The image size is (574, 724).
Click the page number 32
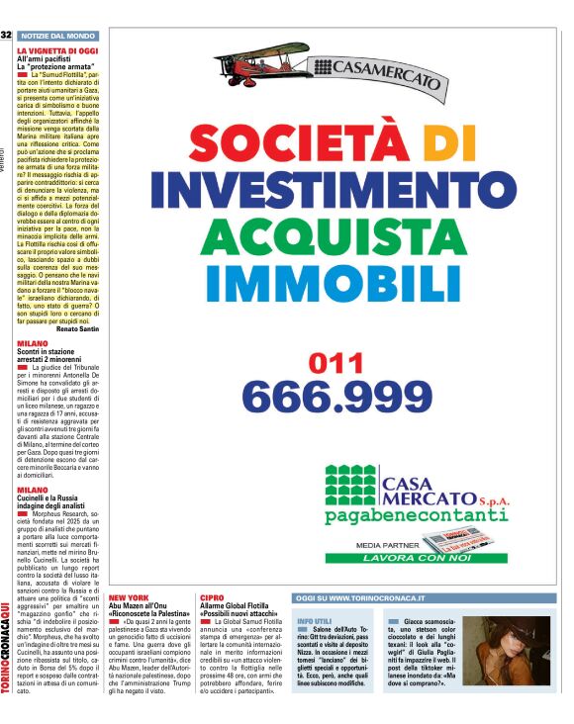tap(6, 35)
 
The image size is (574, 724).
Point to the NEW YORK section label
tap(129, 598)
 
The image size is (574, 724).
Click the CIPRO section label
tap(211, 598)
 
